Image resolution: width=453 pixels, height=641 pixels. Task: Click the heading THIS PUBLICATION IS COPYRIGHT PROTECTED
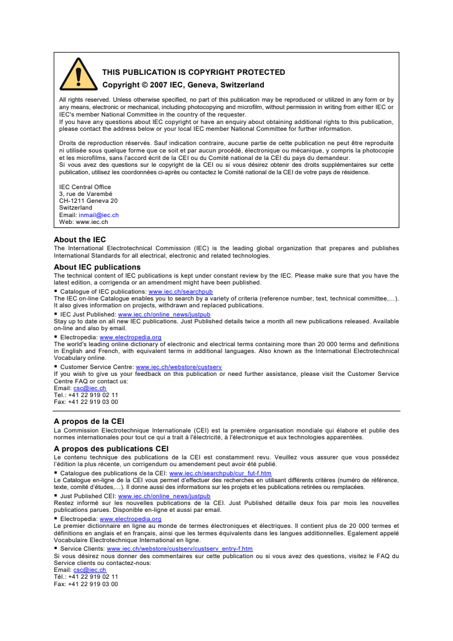tap(193, 73)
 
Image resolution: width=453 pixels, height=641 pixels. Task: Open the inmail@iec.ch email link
tap(98, 215)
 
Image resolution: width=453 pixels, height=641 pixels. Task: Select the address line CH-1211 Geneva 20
tap(89, 201)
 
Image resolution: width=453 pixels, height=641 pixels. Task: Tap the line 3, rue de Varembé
tap(86, 194)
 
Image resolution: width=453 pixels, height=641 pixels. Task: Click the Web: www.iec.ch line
tap(83, 222)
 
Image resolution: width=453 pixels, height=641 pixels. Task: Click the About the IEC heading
tap(79, 240)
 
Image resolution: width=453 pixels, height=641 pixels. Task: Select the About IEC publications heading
tap(97, 267)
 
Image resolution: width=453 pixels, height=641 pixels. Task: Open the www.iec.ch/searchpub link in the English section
tap(181, 291)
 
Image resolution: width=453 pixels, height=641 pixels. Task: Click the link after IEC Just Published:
tap(164, 314)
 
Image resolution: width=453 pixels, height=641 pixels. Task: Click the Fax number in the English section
tap(86, 402)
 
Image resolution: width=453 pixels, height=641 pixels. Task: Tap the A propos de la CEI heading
tap(89, 422)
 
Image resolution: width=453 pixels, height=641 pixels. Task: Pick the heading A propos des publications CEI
tap(111, 448)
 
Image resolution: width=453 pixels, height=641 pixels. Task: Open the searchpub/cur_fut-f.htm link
tap(220, 474)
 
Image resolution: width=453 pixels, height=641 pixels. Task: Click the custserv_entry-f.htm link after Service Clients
tap(179, 548)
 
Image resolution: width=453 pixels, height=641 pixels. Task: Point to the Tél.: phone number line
tap(86, 576)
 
